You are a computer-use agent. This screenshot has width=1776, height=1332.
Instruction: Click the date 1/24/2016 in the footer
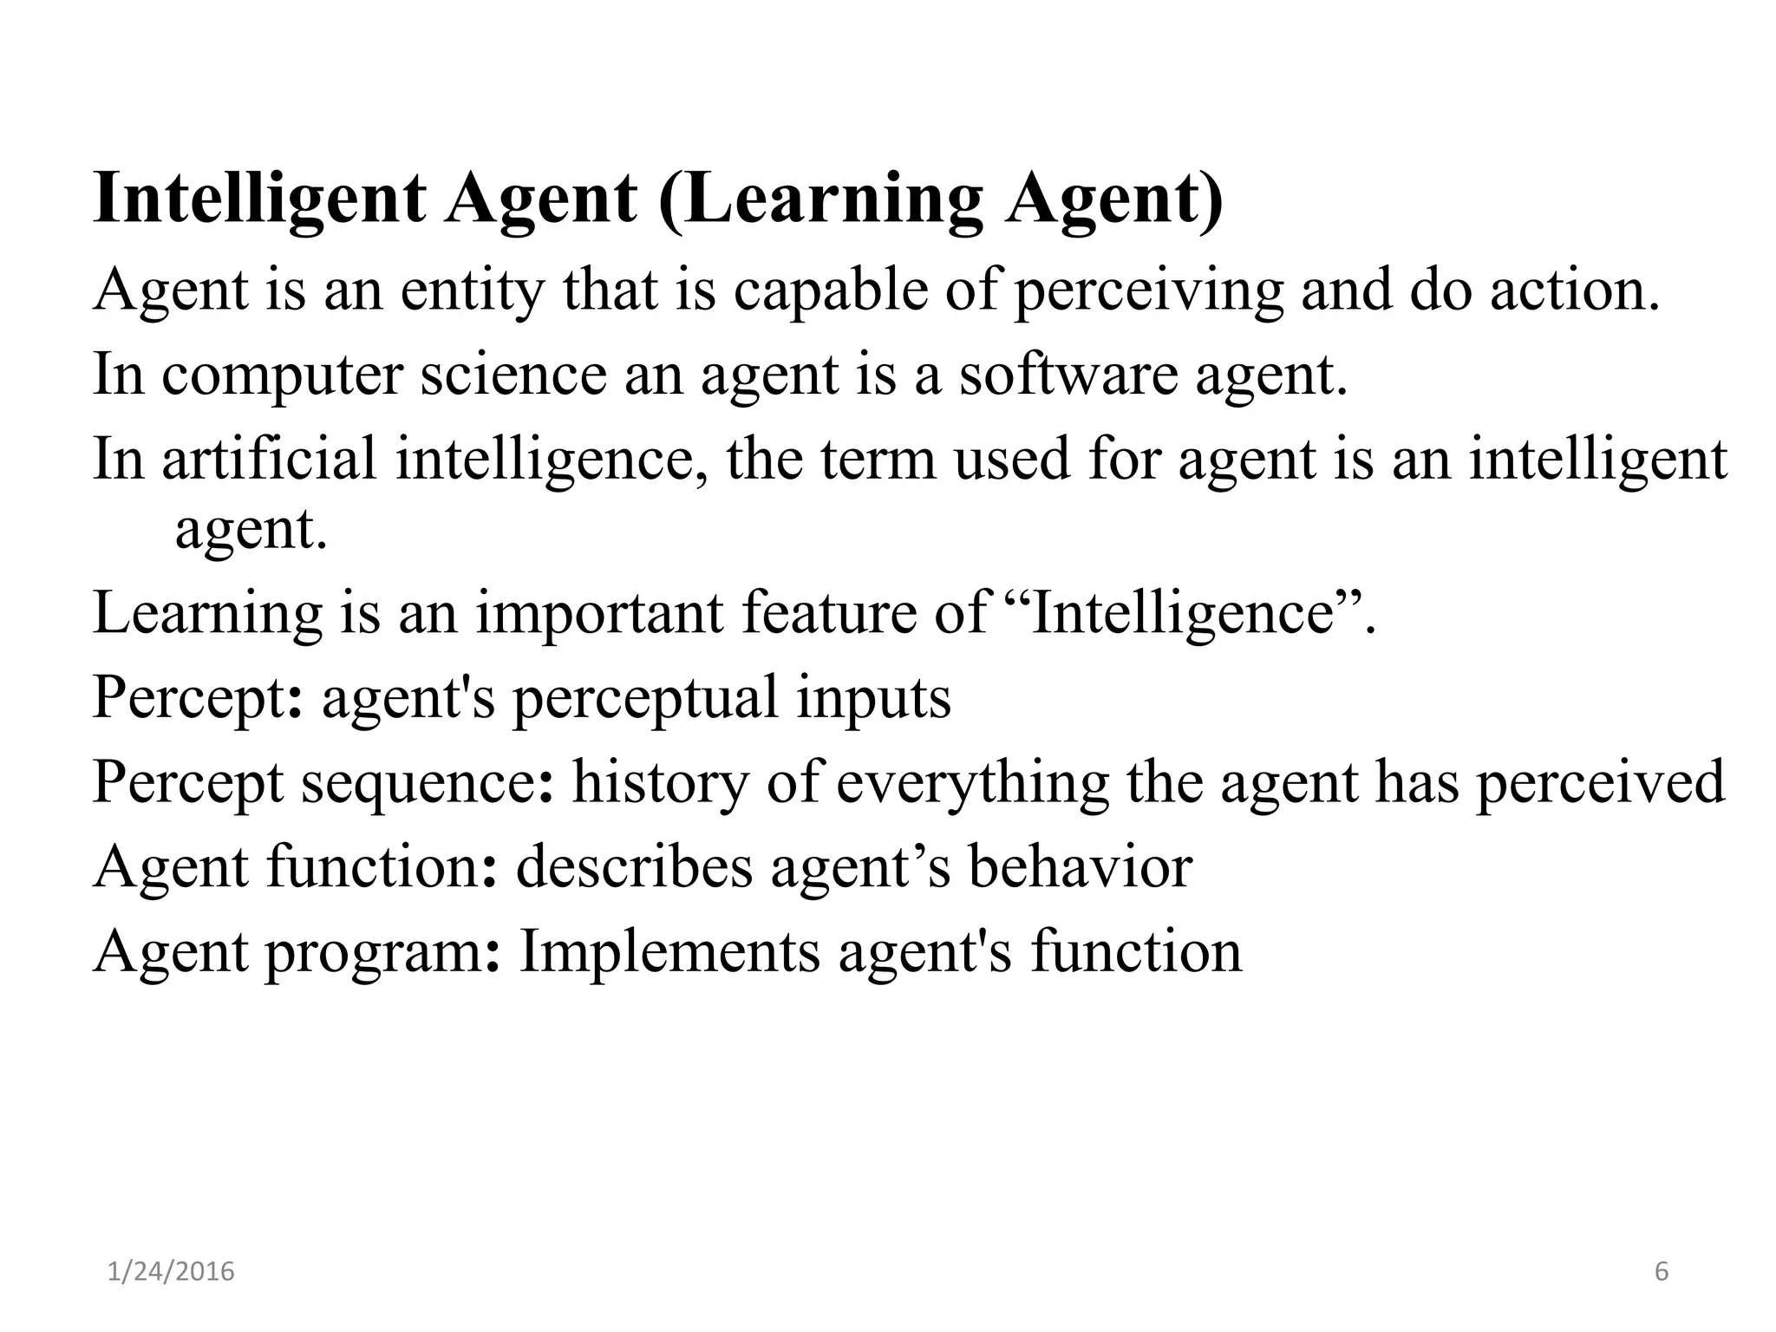point(172,1272)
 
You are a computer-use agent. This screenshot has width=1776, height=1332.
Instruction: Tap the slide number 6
point(1662,1272)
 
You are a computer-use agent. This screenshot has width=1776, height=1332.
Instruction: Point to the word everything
point(972,781)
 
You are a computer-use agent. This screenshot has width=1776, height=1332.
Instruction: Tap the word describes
point(634,866)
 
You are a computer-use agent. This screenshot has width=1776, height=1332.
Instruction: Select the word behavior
point(1081,866)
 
